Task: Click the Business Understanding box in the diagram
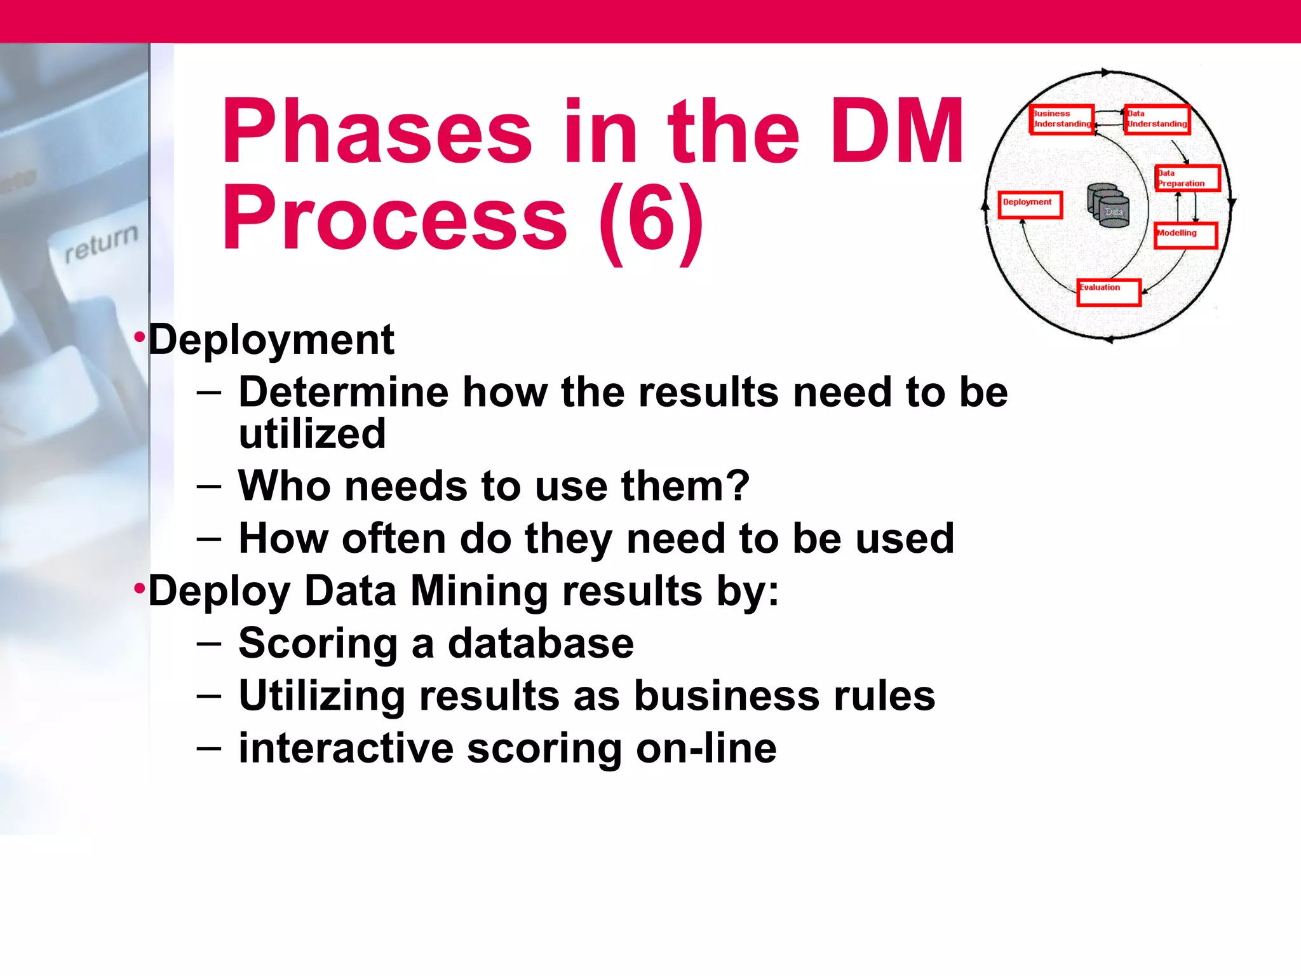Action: pos(1062,119)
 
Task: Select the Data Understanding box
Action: pos(1157,119)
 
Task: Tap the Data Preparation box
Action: pos(1187,178)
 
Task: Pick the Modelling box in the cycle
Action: pos(1185,235)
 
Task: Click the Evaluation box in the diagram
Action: pos(1109,292)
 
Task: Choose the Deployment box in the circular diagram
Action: pos(1030,205)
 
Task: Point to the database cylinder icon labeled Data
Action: pos(1109,205)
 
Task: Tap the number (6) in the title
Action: pos(652,218)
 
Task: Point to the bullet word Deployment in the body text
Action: pos(271,339)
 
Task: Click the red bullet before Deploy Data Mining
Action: pos(139,588)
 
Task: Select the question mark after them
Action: pos(737,485)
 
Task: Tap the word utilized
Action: pos(312,433)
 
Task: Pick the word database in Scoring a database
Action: pos(541,643)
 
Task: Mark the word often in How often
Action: pos(394,538)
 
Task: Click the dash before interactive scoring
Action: pos(209,749)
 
